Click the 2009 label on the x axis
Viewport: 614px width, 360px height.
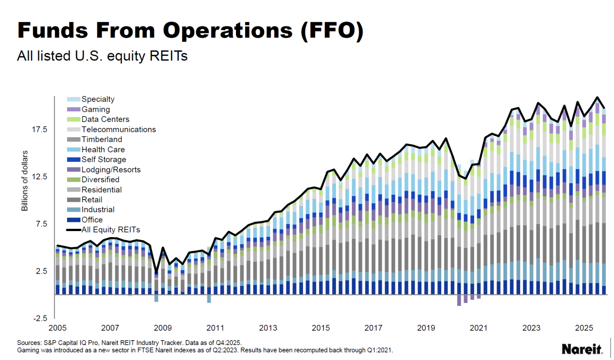(x=162, y=328)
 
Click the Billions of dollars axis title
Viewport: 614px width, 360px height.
(x=25, y=180)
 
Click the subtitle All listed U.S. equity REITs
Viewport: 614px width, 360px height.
(x=102, y=56)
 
